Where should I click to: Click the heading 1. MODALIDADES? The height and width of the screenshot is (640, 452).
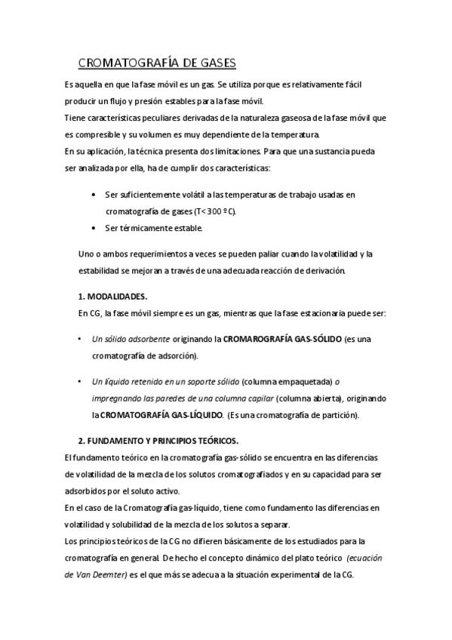click(x=113, y=296)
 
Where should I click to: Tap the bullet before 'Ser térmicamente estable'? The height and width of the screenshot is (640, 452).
click(x=93, y=227)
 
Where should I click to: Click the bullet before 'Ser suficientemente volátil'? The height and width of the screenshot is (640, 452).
click(x=93, y=195)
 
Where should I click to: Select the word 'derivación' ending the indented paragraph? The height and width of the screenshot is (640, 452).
click(x=324, y=270)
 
